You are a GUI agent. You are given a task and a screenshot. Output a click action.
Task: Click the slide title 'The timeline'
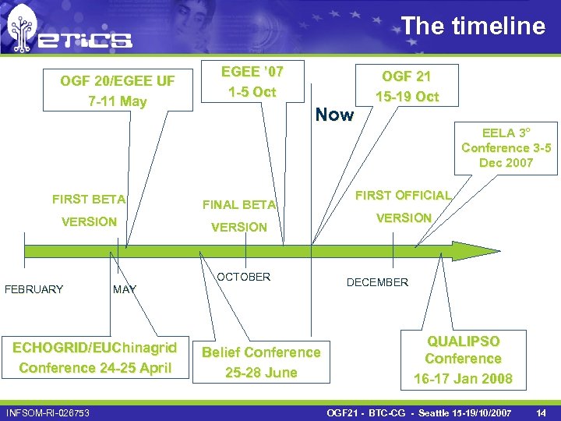473,26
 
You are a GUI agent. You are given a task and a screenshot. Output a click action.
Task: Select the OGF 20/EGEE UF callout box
118,91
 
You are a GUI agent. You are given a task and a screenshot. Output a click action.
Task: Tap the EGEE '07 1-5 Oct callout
252,82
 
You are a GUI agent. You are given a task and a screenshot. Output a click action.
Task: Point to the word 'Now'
334,115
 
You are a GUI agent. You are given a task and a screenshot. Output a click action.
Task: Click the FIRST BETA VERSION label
89,210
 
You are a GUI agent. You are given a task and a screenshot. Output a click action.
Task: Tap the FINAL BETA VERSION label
239,216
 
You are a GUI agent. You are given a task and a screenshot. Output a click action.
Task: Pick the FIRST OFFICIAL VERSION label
404,207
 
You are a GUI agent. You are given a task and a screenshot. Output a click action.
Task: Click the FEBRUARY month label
34,289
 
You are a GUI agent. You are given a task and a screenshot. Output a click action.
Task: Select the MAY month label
125,289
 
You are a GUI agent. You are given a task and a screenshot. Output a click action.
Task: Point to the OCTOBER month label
243,277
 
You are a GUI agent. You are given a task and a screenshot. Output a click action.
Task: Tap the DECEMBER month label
377,282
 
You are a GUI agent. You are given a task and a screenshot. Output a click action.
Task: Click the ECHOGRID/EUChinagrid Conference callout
95,358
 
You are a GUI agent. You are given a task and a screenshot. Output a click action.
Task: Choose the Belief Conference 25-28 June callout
261,362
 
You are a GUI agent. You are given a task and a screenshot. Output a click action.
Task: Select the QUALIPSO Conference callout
463,359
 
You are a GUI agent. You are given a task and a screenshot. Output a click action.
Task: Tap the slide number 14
541,411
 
